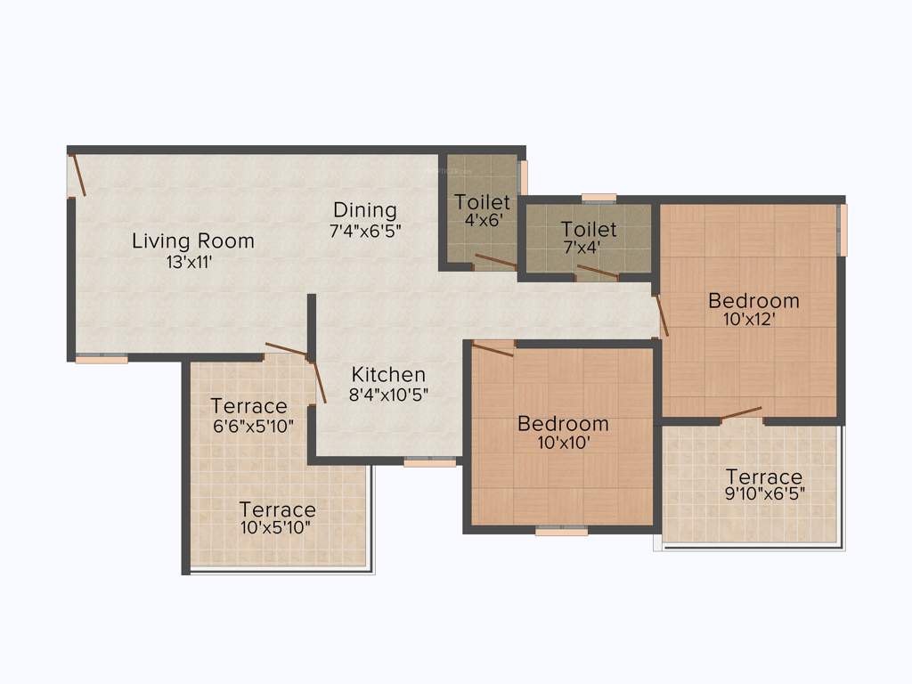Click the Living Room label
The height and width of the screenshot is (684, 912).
[x=193, y=240]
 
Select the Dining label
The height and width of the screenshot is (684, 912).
[x=364, y=210]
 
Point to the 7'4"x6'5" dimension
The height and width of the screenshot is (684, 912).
[x=366, y=231]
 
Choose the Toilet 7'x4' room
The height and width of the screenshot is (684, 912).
[x=589, y=237]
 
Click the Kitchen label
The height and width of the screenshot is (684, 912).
[x=388, y=374]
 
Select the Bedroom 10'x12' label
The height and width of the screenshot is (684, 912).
[x=753, y=300]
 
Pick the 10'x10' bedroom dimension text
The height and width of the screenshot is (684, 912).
[x=563, y=443]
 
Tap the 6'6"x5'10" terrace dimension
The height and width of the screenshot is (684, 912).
[x=253, y=426]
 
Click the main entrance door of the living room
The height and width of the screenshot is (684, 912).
[x=78, y=175]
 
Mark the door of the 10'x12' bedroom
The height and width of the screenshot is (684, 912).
[x=662, y=314]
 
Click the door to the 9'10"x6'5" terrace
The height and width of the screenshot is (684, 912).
[x=741, y=412]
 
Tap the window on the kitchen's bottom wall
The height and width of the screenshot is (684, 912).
[x=430, y=462]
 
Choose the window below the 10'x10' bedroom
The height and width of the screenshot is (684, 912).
[x=561, y=532]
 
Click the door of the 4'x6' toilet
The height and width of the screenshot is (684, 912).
[x=495, y=261]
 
